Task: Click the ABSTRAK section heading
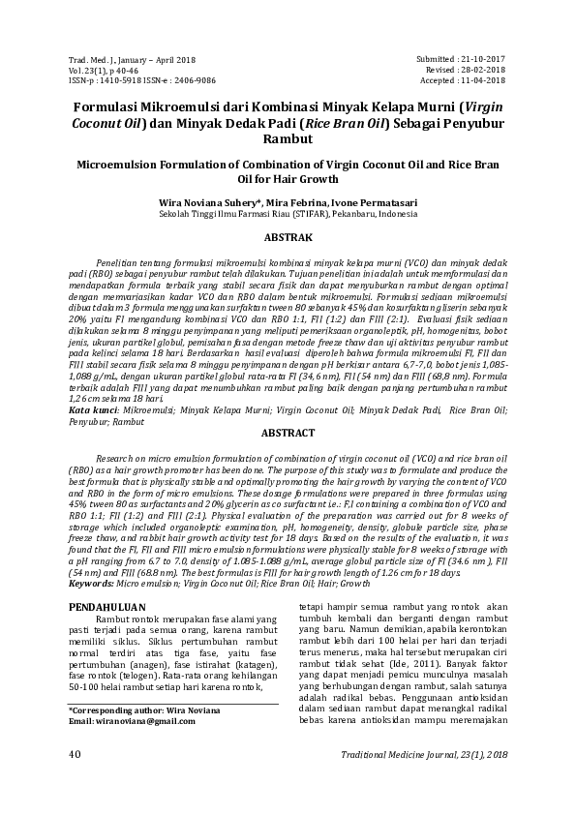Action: pos(288,236)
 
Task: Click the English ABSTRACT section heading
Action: pos(288,436)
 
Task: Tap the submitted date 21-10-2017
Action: pos(483,60)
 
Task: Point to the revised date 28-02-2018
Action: pos(483,71)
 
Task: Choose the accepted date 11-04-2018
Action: pos(483,81)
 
